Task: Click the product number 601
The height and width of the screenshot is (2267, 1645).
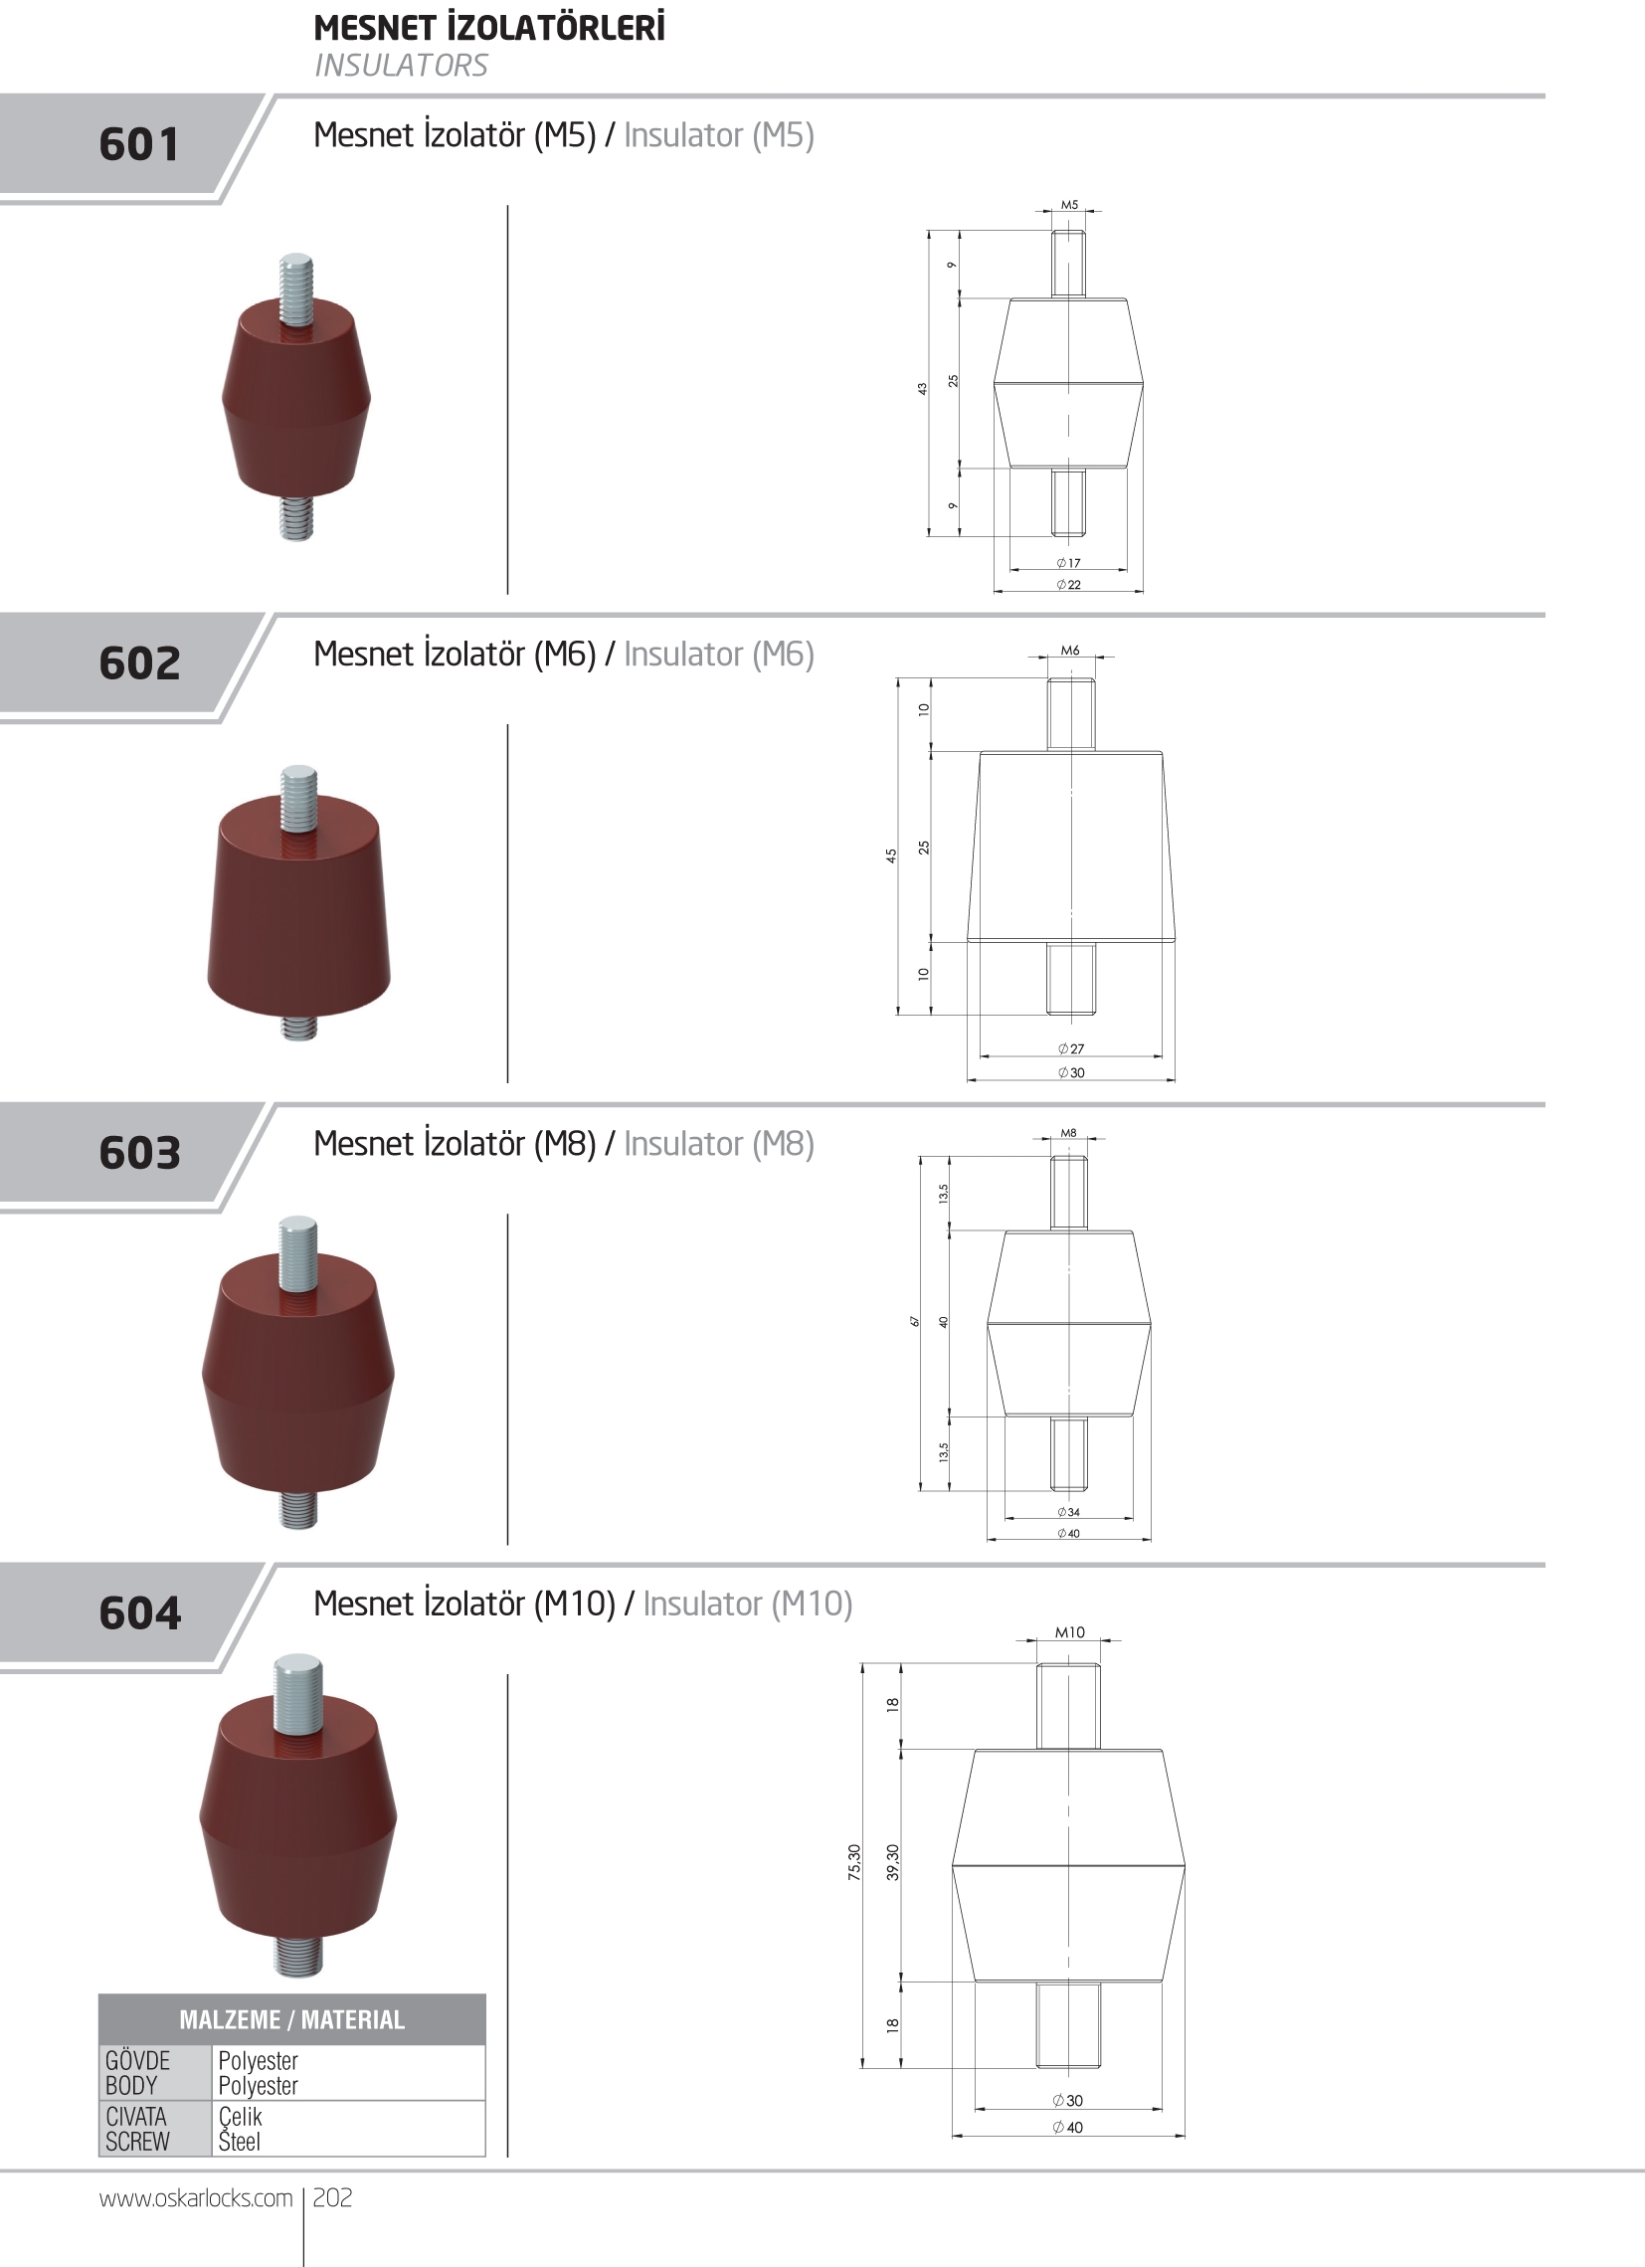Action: (x=139, y=144)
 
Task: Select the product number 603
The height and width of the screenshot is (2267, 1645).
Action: (x=139, y=1153)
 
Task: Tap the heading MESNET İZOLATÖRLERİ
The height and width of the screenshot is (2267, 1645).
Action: (x=488, y=27)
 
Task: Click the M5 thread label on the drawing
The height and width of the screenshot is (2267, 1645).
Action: (x=1069, y=205)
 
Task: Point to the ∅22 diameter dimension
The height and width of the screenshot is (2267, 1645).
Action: (x=1068, y=585)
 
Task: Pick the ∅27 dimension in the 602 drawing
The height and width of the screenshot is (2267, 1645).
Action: (x=1070, y=1048)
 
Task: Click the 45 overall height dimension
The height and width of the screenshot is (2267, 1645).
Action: (x=891, y=855)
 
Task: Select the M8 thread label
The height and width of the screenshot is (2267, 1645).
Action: (x=1068, y=1134)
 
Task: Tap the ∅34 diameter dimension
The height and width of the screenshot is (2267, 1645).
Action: (x=1068, y=1512)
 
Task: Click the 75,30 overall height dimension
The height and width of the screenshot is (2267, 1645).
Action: (x=854, y=1862)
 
